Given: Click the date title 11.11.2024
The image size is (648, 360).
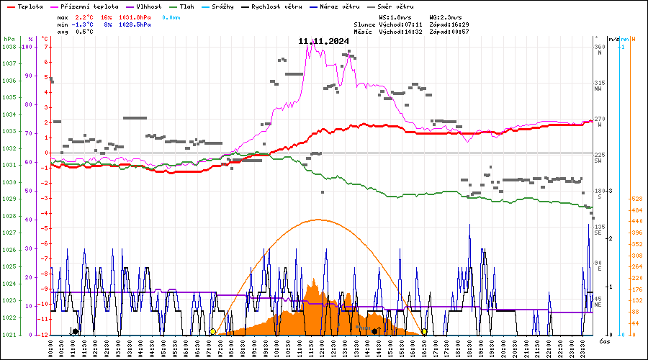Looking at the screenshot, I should point(323,41).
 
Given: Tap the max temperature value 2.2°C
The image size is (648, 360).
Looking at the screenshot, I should point(84,17).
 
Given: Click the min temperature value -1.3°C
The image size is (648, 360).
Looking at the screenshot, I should point(84,24).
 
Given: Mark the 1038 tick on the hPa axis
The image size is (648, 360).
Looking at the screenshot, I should point(9,47).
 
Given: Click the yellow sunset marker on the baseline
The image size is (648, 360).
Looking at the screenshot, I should point(425,331).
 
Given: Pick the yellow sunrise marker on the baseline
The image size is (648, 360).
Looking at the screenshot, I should point(212,331).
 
